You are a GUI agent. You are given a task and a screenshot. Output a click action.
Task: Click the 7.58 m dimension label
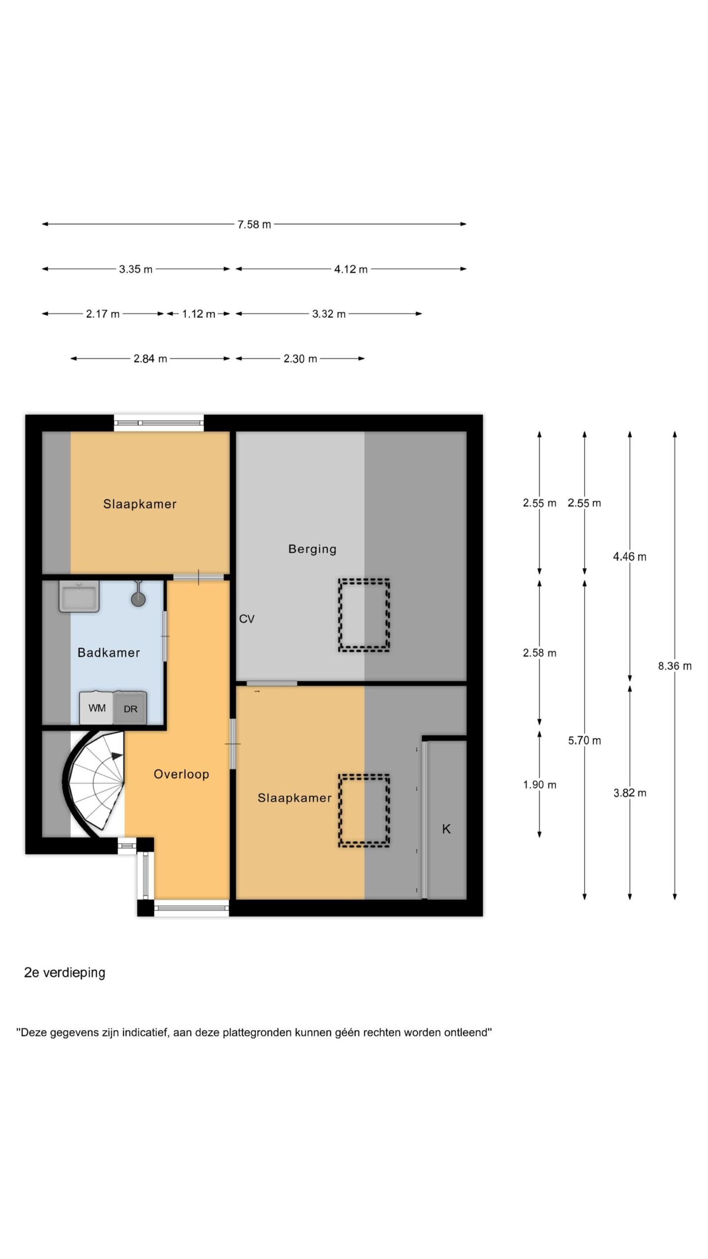(254, 225)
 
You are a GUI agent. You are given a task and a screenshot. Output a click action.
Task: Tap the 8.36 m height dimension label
(675, 666)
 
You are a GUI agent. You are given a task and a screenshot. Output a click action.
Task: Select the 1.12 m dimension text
(199, 314)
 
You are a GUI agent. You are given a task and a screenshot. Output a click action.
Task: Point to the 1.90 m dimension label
(539, 785)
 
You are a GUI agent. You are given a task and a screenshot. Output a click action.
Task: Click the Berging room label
(312, 549)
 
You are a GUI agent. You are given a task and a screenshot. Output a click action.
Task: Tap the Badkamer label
(109, 653)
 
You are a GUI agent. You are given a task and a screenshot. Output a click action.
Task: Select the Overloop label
(181, 775)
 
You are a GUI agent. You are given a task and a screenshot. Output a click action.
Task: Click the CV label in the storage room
(247, 619)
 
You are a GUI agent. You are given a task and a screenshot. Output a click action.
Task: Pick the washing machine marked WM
(97, 708)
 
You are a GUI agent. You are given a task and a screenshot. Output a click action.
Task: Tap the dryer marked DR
(130, 708)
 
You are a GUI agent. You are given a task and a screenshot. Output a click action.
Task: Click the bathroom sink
(79, 596)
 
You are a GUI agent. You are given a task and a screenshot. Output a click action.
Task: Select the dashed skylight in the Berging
(364, 616)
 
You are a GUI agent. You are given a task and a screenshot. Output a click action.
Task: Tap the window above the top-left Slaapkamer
(159, 423)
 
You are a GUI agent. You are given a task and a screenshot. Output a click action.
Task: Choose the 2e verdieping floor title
(65, 973)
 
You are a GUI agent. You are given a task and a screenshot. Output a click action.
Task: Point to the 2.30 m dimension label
(300, 359)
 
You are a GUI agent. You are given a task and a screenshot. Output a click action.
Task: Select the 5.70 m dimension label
(585, 741)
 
